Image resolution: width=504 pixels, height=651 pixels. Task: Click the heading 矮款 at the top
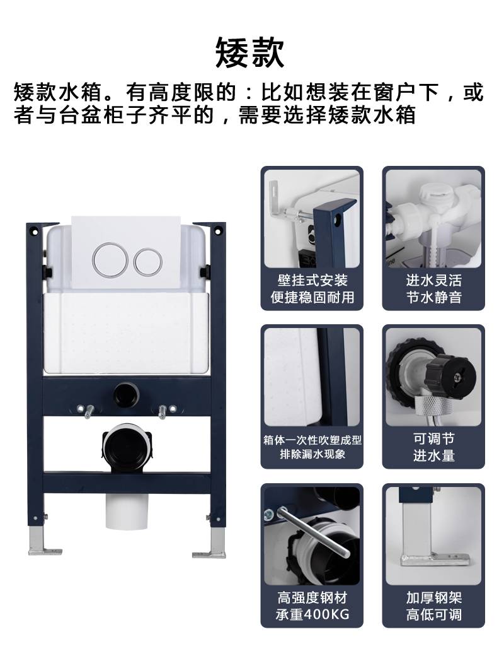[x=250, y=53]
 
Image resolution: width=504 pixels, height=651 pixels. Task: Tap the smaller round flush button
[x=147, y=262]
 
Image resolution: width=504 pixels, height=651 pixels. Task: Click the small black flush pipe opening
[x=127, y=394]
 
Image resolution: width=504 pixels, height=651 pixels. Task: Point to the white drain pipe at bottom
[x=127, y=512]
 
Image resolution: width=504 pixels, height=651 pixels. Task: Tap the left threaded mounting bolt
[x=88, y=411]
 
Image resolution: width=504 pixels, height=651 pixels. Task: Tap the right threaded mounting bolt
[x=163, y=411]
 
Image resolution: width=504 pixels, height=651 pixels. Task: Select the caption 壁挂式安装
[x=312, y=281]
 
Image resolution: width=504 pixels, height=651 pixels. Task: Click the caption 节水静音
[x=433, y=297]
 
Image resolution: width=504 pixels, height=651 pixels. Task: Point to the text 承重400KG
[x=312, y=614]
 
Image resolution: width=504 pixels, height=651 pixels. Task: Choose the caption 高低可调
[x=433, y=614]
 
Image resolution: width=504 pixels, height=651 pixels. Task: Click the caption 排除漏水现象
[x=312, y=454]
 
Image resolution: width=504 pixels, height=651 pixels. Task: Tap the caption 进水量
[x=433, y=455]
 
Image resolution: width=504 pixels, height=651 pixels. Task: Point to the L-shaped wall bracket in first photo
[x=277, y=200]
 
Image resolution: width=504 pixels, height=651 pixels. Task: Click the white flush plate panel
[x=126, y=252]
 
